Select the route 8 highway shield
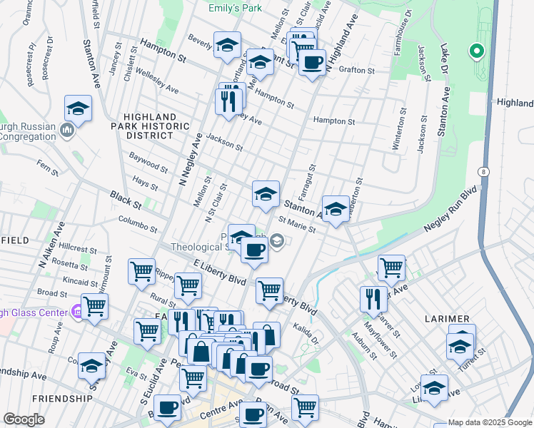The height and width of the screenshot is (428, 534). (485, 172)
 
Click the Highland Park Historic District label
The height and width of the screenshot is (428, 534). (150, 126)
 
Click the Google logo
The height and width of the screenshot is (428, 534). (24, 419)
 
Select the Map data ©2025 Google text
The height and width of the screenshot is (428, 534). (489, 422)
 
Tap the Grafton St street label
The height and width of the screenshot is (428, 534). (356, 71)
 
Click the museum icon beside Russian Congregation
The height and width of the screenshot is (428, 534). (67, 130)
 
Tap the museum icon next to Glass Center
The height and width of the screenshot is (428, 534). (76, 312)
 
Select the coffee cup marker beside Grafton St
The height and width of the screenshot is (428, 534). (312, 63)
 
